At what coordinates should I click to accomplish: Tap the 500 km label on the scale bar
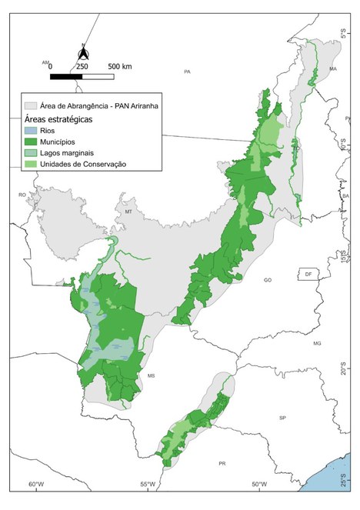(119, 67)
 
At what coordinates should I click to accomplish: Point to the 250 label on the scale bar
(82, 67)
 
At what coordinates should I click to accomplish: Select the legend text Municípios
(62, 142)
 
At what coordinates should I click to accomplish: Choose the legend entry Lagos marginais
(72, 153)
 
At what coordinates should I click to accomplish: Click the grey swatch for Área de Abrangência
(32, 105)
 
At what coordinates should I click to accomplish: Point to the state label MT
(129, 211)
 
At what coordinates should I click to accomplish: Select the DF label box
(308, 274)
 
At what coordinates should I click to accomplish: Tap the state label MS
(152, 375)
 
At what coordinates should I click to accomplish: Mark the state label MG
(316, 342)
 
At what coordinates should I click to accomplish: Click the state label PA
(187, 72)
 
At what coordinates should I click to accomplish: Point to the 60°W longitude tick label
(35, 485)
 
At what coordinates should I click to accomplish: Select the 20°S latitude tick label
(345, 371)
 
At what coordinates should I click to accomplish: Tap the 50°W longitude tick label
(259, 485)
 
